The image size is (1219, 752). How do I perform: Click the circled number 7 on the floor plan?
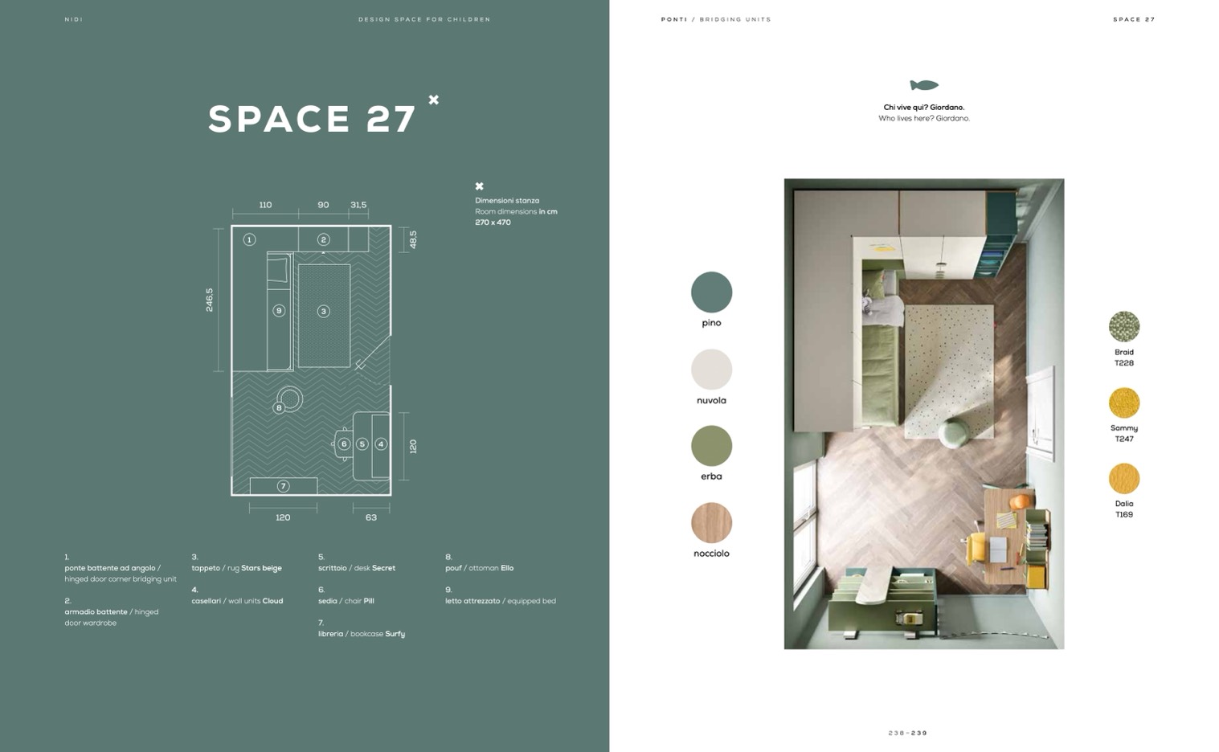283,486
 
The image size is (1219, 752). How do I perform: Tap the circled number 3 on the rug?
324,311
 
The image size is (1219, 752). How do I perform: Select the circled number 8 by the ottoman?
279,407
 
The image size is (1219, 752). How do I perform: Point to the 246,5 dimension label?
210,300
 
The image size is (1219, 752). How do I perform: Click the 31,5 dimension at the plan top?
358,205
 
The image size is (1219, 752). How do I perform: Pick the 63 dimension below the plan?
371,517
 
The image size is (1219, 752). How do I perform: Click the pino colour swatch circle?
711,292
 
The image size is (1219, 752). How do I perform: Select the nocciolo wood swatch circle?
711,522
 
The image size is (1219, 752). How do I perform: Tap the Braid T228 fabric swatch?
1123,326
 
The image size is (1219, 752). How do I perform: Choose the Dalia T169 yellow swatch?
1123,478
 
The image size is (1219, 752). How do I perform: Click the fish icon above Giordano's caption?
924,85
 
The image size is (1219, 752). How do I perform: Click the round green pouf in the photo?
954,433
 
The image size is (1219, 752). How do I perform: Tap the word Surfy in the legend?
395,634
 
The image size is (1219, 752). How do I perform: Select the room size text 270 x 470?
493,222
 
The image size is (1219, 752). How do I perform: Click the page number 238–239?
908,733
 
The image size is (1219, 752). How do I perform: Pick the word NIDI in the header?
73,19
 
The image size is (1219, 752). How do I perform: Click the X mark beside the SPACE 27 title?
433,100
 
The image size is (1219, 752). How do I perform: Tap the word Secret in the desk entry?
383,568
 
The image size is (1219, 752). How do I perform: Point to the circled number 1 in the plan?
249,239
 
